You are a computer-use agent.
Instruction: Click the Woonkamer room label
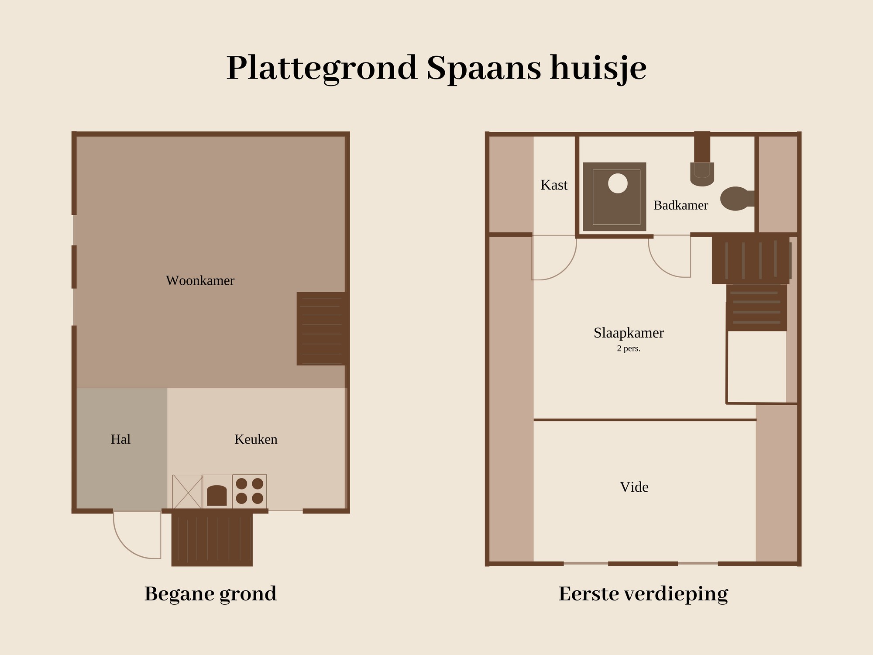pyautogui.click(x=200, y=280)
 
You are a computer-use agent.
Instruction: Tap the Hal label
pyautogui.click(x=120, y=439)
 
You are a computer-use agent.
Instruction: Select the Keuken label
pyautogui.click(x=256, y=439)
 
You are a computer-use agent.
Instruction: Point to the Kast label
pyautogui.click(x=554, y=185)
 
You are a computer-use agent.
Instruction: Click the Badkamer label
pyautogui.click(x=681, y=205)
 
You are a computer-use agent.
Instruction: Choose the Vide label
pyautogui.click(x=634, y=487)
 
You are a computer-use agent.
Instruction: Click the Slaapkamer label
pyautogui.click(x=629, y=333)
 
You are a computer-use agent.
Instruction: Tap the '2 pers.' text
pyautogui.click(x=629, y=349)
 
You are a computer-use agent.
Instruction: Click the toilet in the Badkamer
pyautogui.click(x=737, y=199)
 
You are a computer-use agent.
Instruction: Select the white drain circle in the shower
pyautogui.click(x=618, y=183)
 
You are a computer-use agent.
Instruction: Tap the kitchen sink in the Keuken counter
pyautogui.click(x=217, y=496)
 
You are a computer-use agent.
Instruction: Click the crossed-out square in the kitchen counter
pyautogui.click(x=187, y=492)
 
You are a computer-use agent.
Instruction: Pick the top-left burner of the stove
pyautogui.click(x=241, y=484)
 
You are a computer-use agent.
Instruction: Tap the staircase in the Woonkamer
pyautogui.click(x=322, y=328)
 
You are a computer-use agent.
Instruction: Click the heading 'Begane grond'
pyautogui.click(x=210, y=594)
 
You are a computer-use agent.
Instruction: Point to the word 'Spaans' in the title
pyautogui.click(x=483, y=69)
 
